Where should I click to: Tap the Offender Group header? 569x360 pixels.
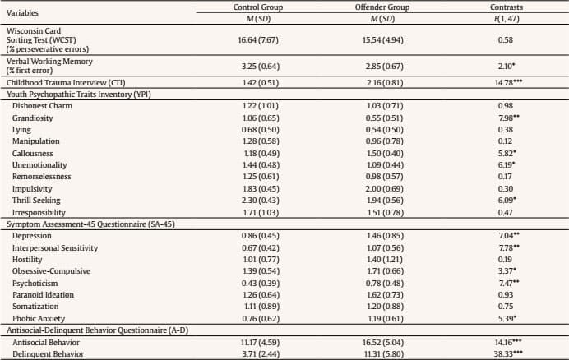click(388, 7)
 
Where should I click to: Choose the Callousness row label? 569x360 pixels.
click(32, 153)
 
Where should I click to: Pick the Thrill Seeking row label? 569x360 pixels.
click(35, 200)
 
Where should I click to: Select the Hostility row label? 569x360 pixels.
click(27, 260)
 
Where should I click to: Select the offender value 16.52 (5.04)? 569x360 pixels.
click(388, 342)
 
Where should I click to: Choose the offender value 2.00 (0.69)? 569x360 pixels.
click(388, 188)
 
